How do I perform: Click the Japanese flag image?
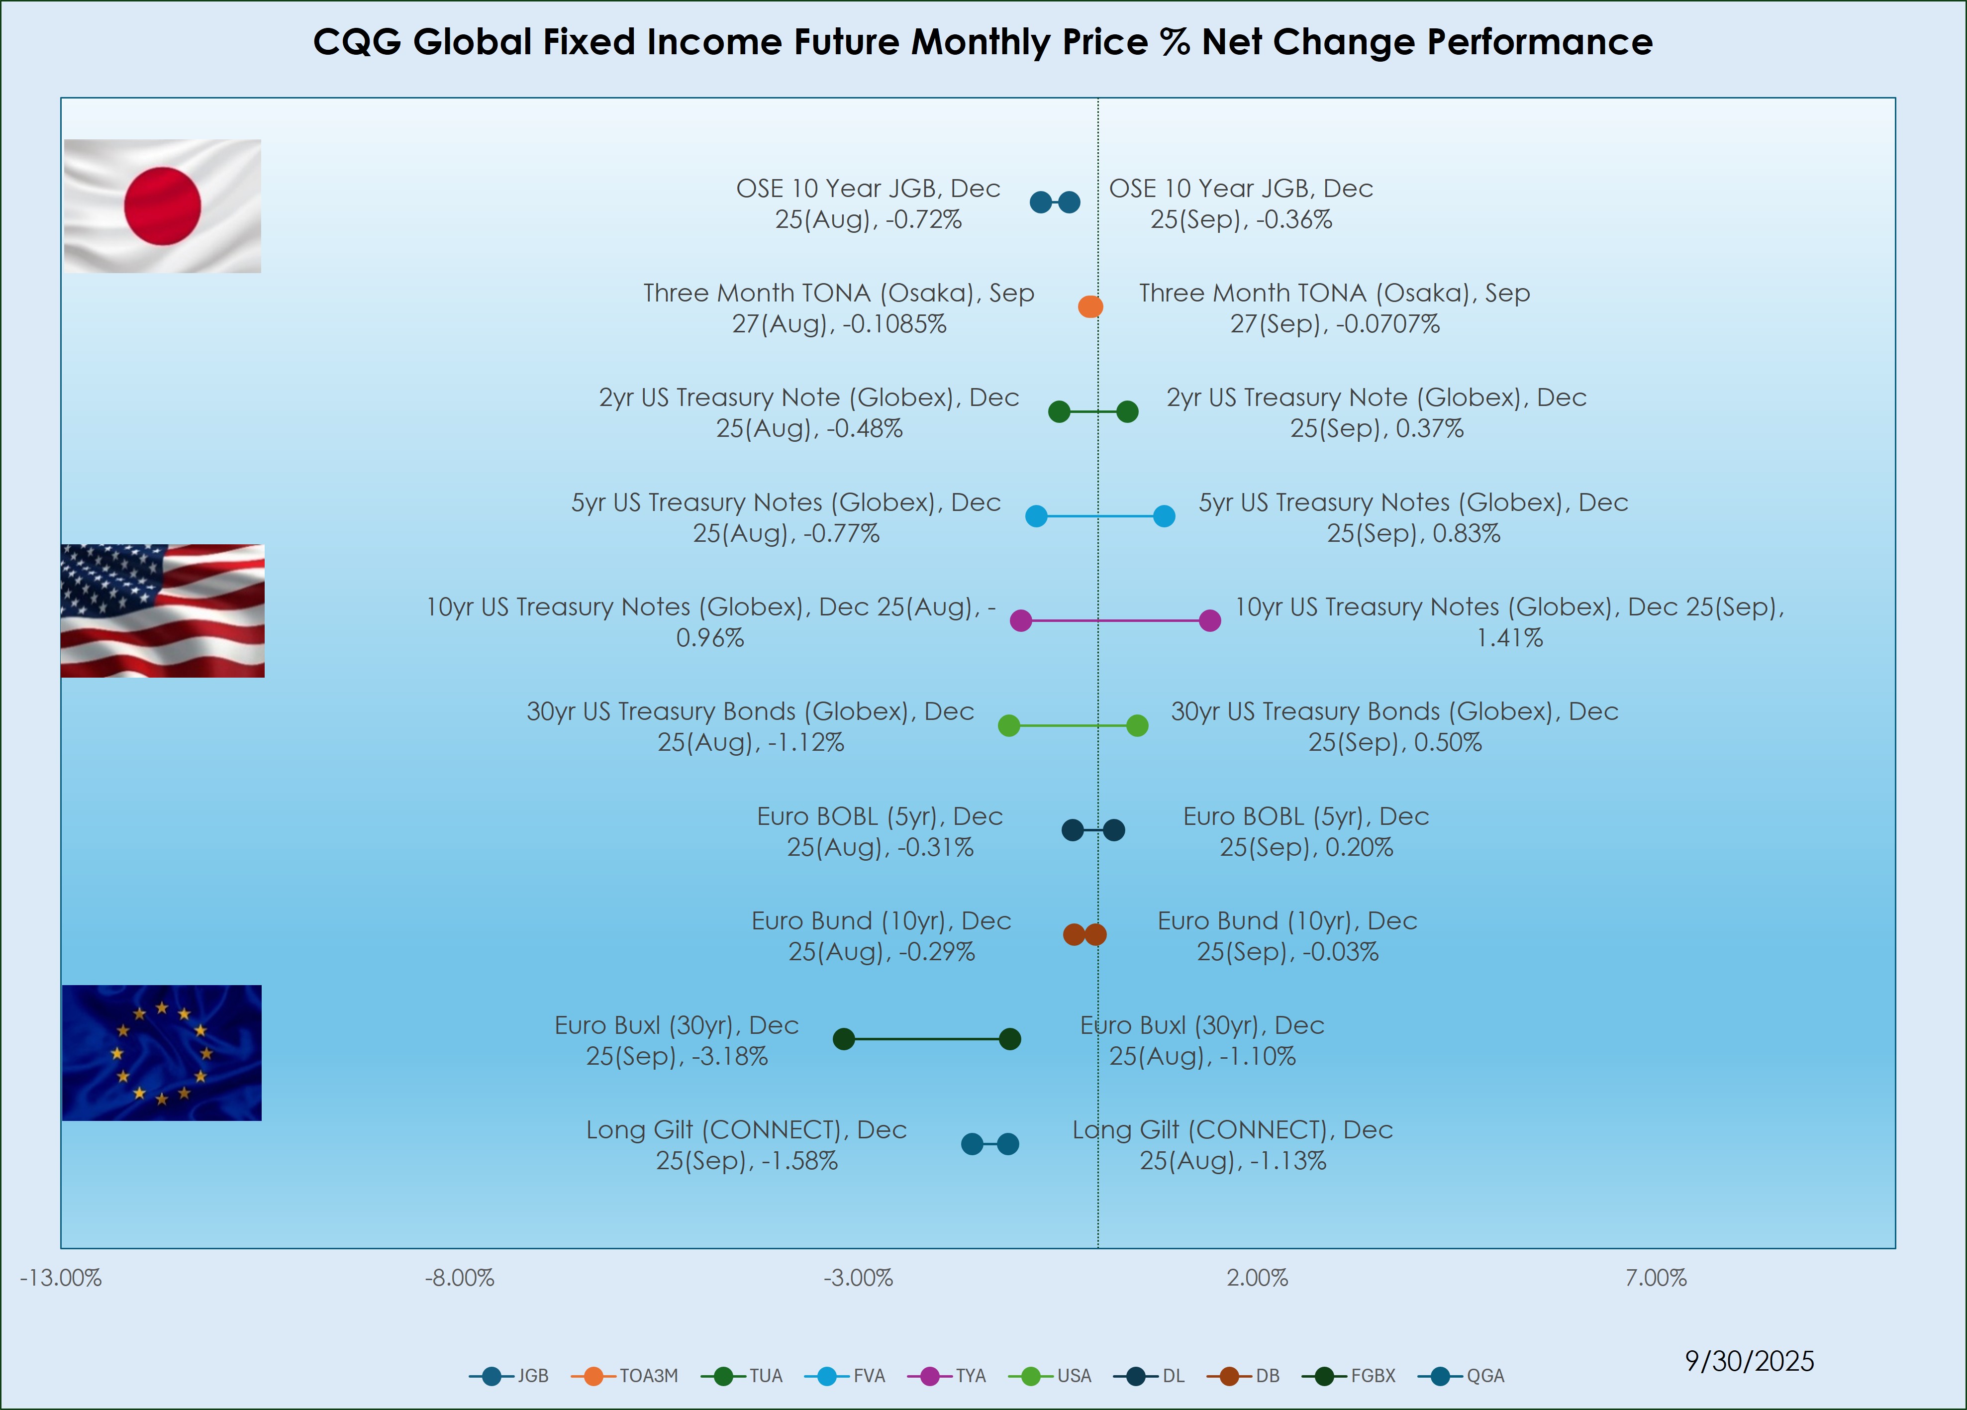[x=162, y=206]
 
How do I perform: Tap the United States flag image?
[x=162, y=610]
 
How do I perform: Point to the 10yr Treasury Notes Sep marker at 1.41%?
[x=1210, y=620]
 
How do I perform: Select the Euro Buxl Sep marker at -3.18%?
[x=844, y=1039]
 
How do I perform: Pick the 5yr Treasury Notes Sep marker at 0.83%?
[x=1164, y=516]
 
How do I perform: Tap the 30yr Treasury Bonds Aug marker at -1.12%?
[x=1009, y=725]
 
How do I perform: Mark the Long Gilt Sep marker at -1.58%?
[x=972, y=1144]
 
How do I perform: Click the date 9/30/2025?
[x=1749, y=1361]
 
